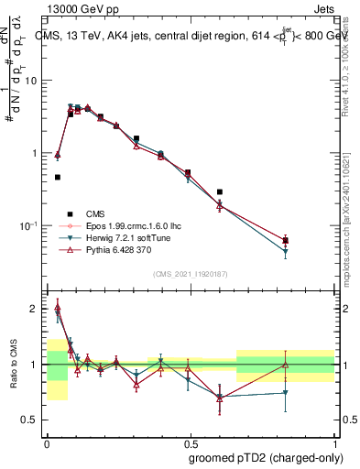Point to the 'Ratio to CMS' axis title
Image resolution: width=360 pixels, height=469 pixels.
pyautogui.click(x=13, y=365)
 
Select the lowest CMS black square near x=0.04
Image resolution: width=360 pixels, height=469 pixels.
pyautogui.click(x=57, y=177)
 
